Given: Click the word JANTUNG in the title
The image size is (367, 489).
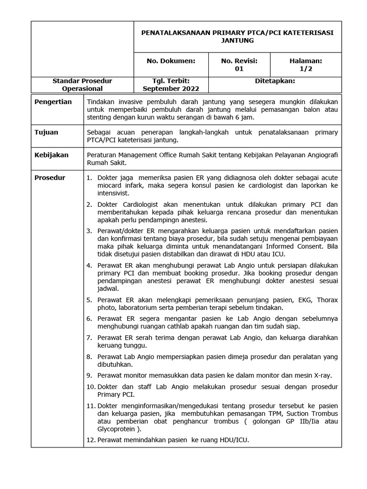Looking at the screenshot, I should [237, 41].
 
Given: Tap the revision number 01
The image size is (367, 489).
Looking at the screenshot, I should [239, 69].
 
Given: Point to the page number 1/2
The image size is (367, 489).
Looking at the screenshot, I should [305, 69].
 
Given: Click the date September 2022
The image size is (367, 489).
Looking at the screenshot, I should [171, 89].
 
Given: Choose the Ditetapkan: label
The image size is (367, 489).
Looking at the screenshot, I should [275, 81].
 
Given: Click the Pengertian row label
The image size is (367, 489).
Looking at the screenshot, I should [53, 102].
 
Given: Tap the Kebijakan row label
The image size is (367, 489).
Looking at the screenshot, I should [51, 155].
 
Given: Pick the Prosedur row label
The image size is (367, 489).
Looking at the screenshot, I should [50, 178].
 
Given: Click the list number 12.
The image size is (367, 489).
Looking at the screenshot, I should [91, 439].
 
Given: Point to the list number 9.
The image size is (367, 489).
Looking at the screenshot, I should [89, 374].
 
